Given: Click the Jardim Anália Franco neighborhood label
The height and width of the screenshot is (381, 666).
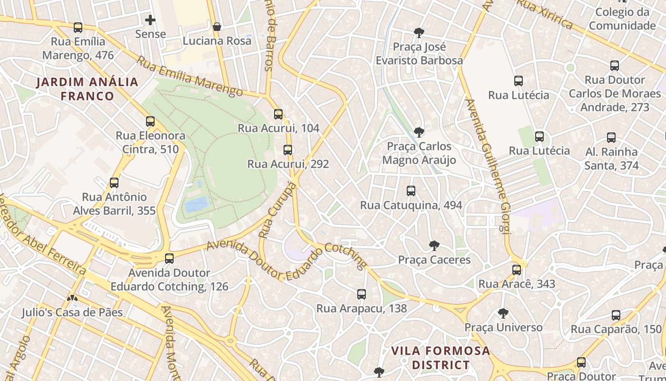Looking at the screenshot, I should [88, 89].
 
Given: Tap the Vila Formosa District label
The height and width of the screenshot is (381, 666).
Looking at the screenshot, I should [441, 358].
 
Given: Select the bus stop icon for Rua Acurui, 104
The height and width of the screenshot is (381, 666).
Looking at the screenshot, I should [278, 114].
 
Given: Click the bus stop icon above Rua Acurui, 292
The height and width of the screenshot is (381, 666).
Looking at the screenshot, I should [288, 150].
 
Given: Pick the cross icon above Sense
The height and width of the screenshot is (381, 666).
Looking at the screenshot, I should [150, 20].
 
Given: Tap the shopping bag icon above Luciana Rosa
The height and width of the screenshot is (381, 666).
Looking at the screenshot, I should [217, 27].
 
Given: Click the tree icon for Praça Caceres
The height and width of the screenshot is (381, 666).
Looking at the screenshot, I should [434, 246].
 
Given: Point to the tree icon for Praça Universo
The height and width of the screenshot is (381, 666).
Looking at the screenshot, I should [503, 313].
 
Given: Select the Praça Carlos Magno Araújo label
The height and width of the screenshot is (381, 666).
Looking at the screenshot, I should [419, 153].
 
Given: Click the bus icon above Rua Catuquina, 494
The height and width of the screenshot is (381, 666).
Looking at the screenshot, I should [411, 191].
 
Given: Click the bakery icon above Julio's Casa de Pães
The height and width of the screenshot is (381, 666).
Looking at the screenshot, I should [72, 299].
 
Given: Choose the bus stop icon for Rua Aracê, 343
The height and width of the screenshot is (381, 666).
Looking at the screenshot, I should [517, 270].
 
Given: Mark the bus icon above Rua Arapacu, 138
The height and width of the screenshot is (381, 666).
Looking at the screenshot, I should [362, 294].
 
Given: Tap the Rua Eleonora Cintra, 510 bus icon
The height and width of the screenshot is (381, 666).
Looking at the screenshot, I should [150, 121].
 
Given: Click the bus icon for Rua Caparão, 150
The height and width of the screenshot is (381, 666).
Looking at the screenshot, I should [616, 315].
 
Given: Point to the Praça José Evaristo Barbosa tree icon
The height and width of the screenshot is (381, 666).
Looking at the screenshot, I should [419, 33].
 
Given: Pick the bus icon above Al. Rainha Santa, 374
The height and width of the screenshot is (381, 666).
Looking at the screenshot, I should [611, 138].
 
